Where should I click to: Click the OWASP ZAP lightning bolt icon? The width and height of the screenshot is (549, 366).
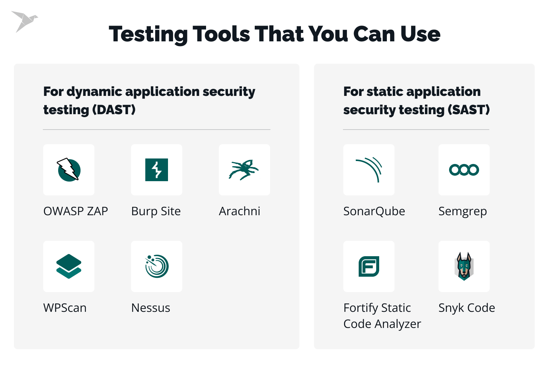(x=69, y=169)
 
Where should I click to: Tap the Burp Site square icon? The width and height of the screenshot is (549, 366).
(x=157, y=170)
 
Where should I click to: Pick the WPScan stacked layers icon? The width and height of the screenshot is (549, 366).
(x=69, y=266)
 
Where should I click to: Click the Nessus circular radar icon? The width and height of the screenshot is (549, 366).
(x=157, y=266)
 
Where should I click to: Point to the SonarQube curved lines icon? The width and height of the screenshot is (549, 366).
(x=369, y=169)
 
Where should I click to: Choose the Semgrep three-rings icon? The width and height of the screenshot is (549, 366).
(x=464, y=170)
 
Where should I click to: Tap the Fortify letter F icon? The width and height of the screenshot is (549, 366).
(x=369, y=266)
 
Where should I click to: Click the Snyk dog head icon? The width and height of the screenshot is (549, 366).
(x=464, y=266)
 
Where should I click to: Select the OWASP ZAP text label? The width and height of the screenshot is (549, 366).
(x=76, y=212)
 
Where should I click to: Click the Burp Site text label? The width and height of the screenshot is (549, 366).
(x=156, y=212)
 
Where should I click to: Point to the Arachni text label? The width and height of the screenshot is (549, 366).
(x=239, y=212)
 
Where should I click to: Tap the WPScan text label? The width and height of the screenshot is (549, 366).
(x=65, y=308)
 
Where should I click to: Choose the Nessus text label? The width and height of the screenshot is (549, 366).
(x=150, y=308)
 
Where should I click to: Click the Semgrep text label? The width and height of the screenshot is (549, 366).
(x=463, y=212)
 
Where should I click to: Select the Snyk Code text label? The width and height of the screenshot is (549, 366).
(x=467, y=308)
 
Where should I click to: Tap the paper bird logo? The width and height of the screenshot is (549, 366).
(x=24, y=21)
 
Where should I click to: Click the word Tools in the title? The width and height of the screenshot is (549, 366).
(x=221, y=34)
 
